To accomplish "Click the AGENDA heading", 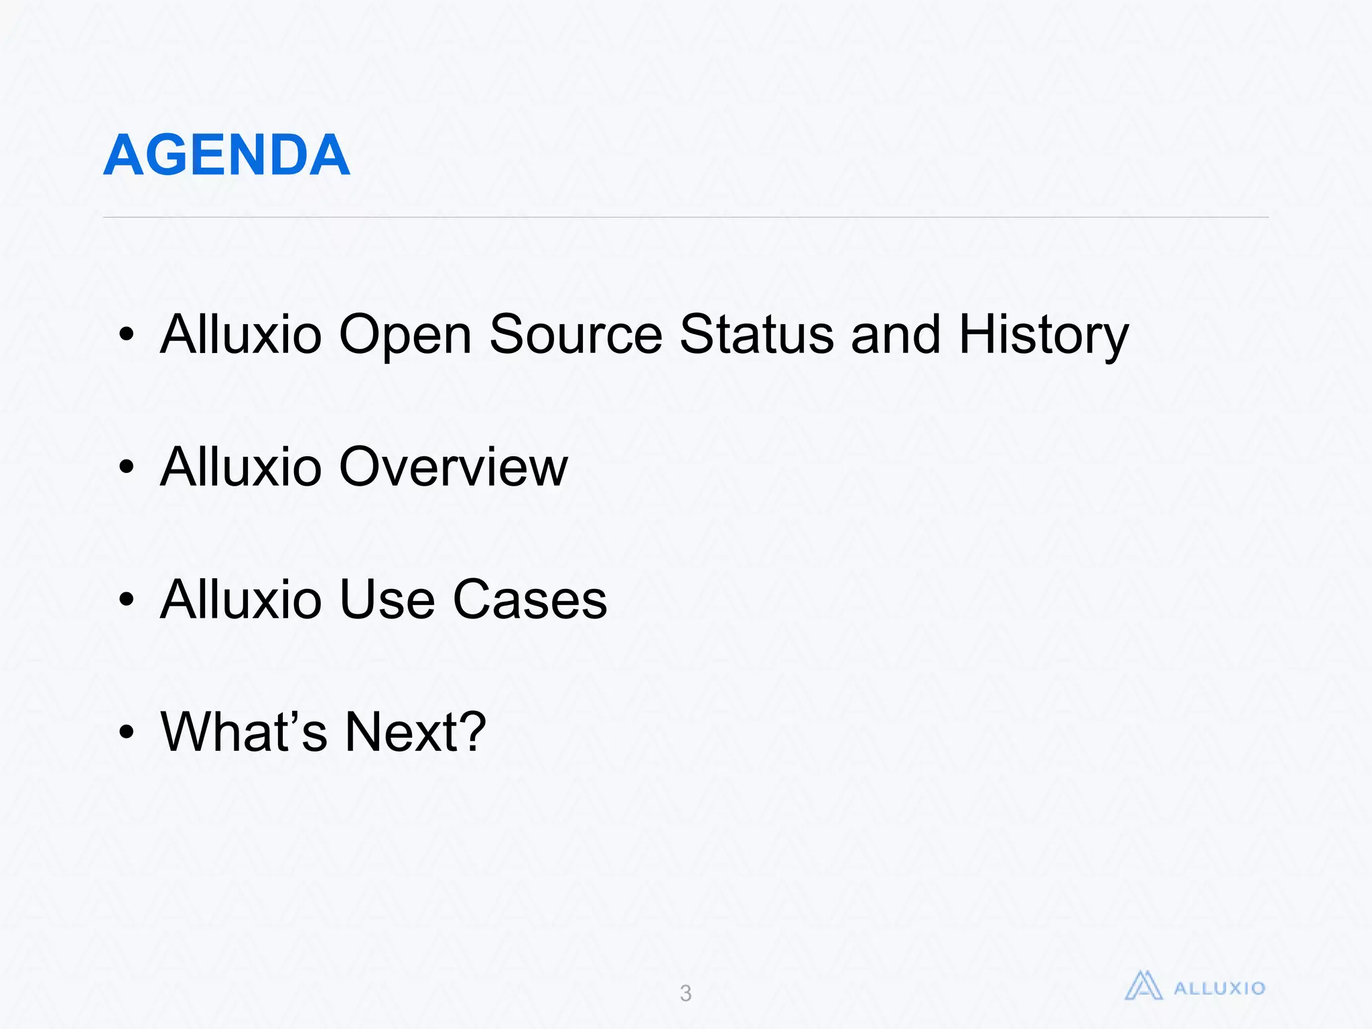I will [226, 155].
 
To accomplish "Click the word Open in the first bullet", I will [405, 335].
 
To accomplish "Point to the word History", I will [1043, 335].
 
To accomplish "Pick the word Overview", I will [453, 467].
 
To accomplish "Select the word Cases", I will [529, 600].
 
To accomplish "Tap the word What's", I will [244, 732].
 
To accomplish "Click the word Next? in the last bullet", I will [415, 732].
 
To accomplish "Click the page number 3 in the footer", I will [685, 993].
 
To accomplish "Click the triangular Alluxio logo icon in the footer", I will [1143, 986].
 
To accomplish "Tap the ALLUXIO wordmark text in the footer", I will [1219, 988].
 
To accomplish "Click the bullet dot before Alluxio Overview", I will [126, 467].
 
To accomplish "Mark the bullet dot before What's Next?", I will [126, 732].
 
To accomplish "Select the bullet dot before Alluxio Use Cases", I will [126, 600].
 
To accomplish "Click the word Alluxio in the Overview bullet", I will [241, 467].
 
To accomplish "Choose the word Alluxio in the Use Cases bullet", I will [241, 600].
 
